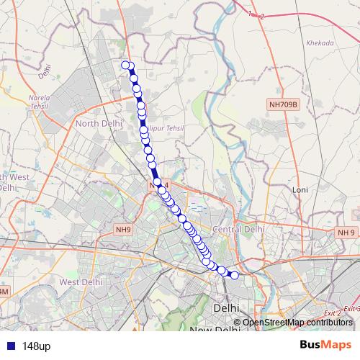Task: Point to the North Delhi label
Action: click(x=96, y=124)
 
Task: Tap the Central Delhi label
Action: click(x=239, y=229)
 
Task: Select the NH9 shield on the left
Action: click(x=122, y=230)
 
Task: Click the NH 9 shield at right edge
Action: click(x=346, y=233)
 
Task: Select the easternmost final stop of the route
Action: click(x=234, y=275)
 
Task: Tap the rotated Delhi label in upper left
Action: click(x=46, y=71)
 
